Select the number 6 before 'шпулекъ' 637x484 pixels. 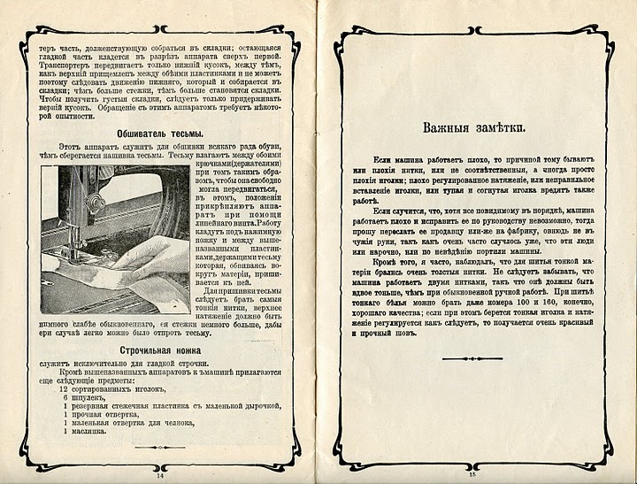click(65, 398)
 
